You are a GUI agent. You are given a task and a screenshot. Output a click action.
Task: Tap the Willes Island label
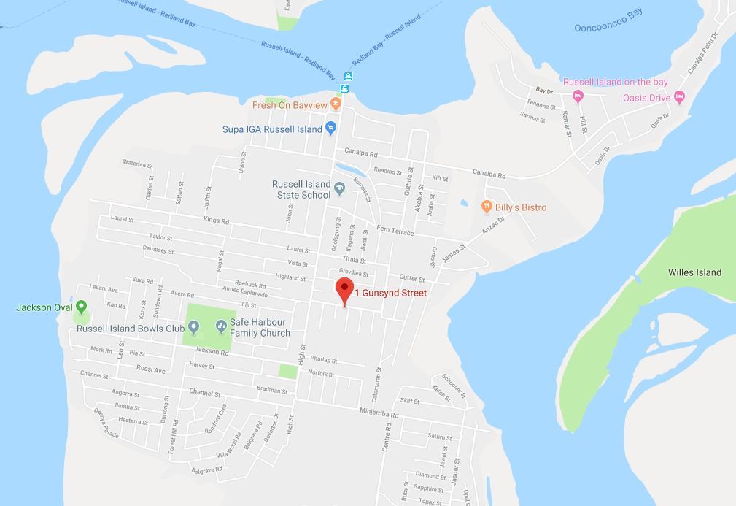pyautogui.click(x=694, y=272)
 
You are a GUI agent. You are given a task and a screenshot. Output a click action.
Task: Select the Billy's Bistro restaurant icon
pyautogui.click(x=487, y=207)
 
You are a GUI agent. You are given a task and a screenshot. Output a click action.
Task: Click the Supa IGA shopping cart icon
pyautogui.click(x=330, y=129)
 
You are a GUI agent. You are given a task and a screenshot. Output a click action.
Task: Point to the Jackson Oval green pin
pyautogui.click(x=81, y=307)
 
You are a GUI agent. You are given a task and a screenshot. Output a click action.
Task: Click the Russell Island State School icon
pyautogui.click(x=338, y=190)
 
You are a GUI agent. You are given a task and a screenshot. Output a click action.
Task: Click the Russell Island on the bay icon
pyautogui.click(x=578, y=96)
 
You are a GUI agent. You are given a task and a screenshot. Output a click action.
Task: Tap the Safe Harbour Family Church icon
pyautogui.click(x=220, y=326)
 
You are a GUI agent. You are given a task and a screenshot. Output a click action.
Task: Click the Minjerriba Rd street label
pyautogui.click(x=379, y=413)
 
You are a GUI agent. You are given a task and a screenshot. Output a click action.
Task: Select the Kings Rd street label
pyautogui.click(x=216, y=220)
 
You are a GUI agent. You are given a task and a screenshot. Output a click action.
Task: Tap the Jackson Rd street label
pyautogui.click(x=212, y=352)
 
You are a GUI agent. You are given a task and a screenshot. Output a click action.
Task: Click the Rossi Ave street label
pyautogui.click(x=151, y=369)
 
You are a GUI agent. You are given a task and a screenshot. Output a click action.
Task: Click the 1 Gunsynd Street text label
pyautogui.click(x=391, y=293)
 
